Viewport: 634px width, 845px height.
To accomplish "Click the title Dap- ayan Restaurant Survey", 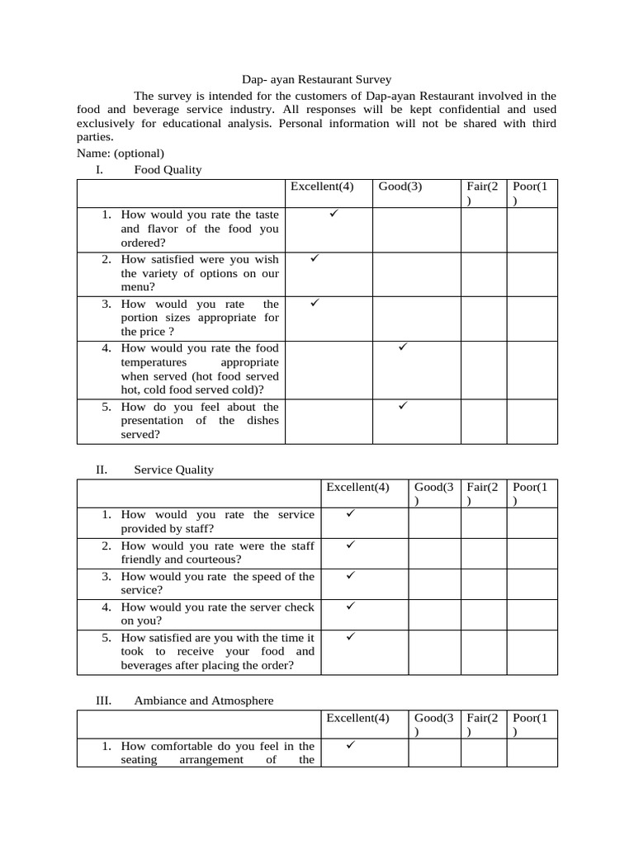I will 316,79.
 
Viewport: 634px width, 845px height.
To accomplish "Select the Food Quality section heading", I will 168,170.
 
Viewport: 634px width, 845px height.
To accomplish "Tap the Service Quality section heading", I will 173,470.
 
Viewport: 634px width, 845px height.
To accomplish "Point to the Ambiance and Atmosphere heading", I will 203,701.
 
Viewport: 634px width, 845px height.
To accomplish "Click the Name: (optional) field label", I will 121,153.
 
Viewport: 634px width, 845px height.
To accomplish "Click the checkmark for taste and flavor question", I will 334,214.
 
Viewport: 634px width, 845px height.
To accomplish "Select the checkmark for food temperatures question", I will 404,347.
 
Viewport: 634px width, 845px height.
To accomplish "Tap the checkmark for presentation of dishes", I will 404,406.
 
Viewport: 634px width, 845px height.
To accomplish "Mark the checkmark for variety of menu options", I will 315,258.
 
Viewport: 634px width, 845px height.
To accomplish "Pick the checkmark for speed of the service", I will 350,575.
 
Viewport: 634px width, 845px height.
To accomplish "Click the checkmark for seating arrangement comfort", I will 350,745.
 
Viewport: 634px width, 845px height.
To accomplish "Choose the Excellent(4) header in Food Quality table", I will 322,186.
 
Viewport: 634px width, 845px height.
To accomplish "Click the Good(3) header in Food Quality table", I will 400,186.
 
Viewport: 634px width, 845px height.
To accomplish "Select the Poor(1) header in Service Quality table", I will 530,493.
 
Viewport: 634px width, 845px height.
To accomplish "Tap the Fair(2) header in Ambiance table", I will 482,725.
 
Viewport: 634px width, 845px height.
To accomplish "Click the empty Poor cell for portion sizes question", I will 532,319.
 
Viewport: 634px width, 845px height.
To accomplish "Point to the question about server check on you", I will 217,614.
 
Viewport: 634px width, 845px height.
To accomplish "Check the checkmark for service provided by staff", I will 350,513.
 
